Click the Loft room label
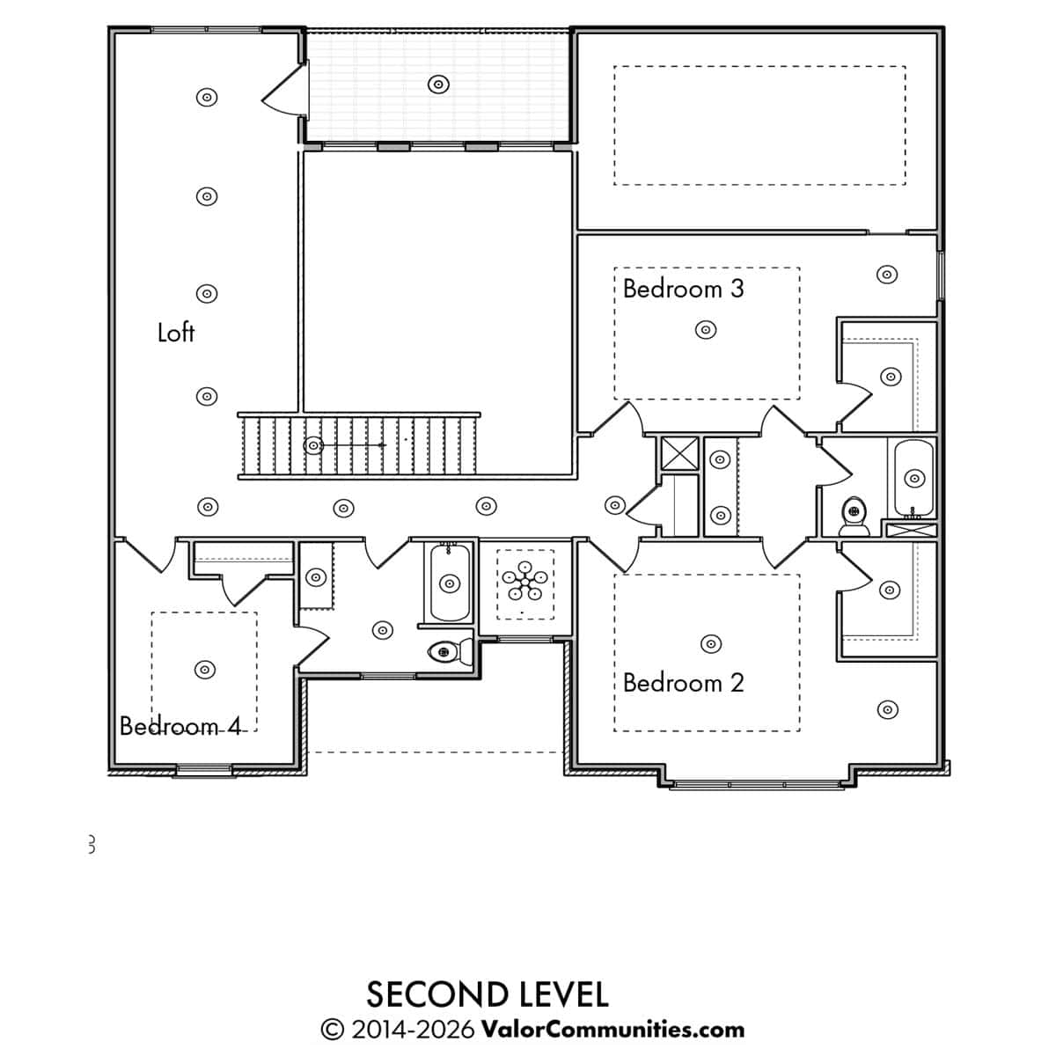(176, 333)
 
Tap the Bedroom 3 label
(684, 289)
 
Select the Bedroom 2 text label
(684, 683)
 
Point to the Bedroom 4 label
(180, 726)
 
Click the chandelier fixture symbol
(524, 580)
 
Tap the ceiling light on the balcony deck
(438, 84)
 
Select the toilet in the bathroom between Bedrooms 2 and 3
(854, 517)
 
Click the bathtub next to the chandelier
(450, 582)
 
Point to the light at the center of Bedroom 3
(706, 330)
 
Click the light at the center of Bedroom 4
(205, 669)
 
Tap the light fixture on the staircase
(313, 445)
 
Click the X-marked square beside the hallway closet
(679, 454)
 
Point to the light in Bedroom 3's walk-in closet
(891, 377)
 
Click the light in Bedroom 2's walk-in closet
(890, 590)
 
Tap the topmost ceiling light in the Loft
(207, 98)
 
